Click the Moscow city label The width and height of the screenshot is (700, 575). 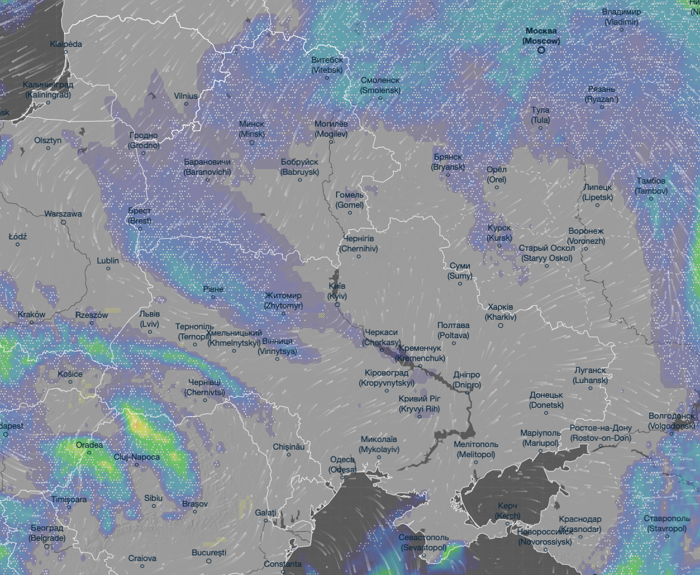click(x=541, y=36)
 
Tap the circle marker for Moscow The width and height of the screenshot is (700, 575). click(x=541, y=50)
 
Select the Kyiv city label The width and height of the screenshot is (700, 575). click(x=338, y=291)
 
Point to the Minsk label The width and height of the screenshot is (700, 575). click(x=252, y=129)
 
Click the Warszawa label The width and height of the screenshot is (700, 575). click(x=63, y=213)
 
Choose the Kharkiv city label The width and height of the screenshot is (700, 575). click(x=501, y=312)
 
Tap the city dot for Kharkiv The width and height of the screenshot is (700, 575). click(x=501, y=325)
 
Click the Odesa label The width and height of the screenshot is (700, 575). click(x=342, y=464)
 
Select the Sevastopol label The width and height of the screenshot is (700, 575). click(x=423, y=542)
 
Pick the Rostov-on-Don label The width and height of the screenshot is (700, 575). click(x=601, y=433)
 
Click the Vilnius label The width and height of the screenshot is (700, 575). click(x=186, y=96)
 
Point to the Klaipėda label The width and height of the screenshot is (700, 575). click(x=66, y=44)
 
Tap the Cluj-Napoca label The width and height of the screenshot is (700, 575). click(x=137, y=457)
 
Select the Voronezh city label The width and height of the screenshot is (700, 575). click(x=586, y=236)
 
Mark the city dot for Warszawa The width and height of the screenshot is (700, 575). click(x=63, y=222)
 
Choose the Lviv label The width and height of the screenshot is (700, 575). click(x=150, y=319)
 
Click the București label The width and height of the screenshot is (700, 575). click(x=209, y=552)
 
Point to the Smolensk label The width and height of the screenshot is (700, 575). click(x=380, y=85)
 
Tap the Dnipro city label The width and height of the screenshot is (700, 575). click(x=467, y=380)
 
